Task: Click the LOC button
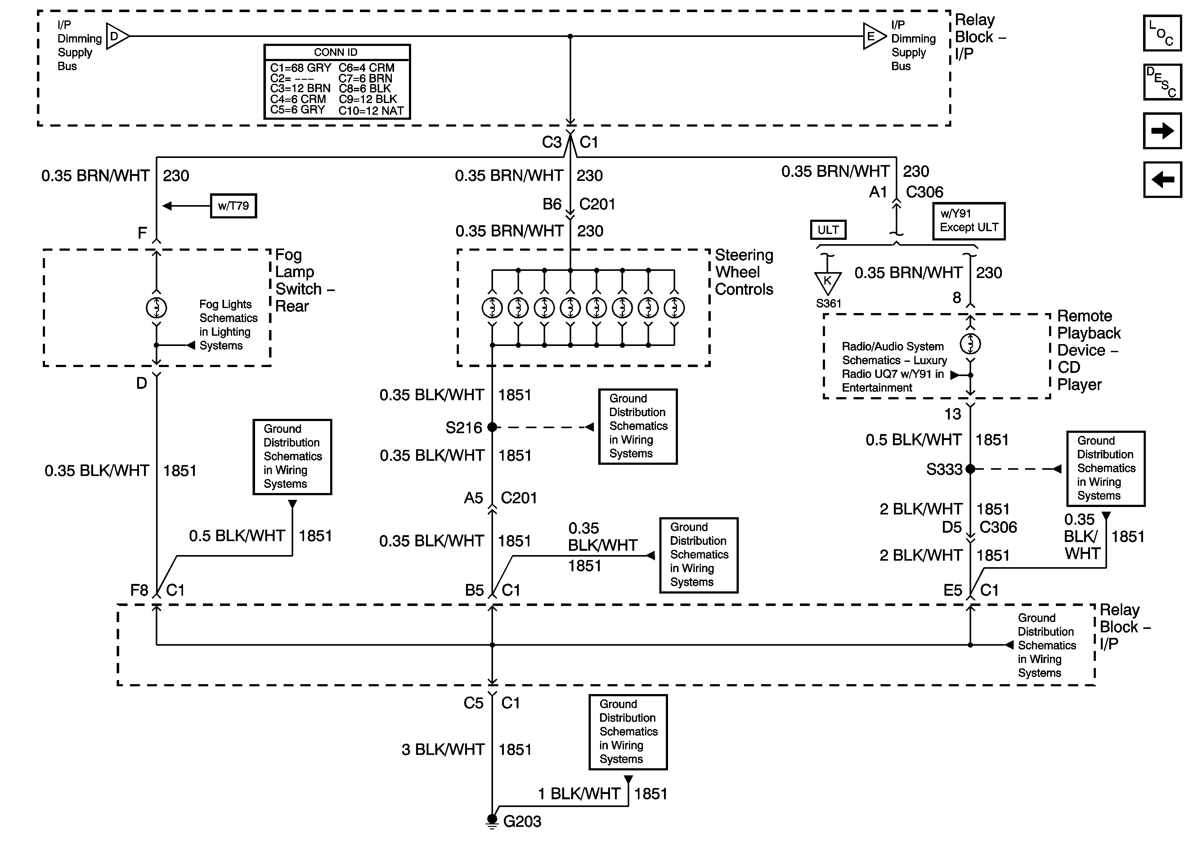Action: tap(1162, 33)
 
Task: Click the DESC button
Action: tap(1162, 82)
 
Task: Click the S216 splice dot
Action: tap(492, 427)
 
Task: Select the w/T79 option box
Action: tap(234, 206)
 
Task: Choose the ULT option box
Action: tap(828, 230)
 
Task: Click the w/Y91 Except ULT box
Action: tap(969, 221)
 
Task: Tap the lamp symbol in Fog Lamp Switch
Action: tap(156, 308)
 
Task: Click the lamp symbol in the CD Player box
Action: tap(970, 344)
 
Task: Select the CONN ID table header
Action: tap(336, 52)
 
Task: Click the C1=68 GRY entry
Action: tap(300, 68)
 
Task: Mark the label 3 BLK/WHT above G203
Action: tap(443, 750)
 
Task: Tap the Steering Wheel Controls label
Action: tap(744, 272)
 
